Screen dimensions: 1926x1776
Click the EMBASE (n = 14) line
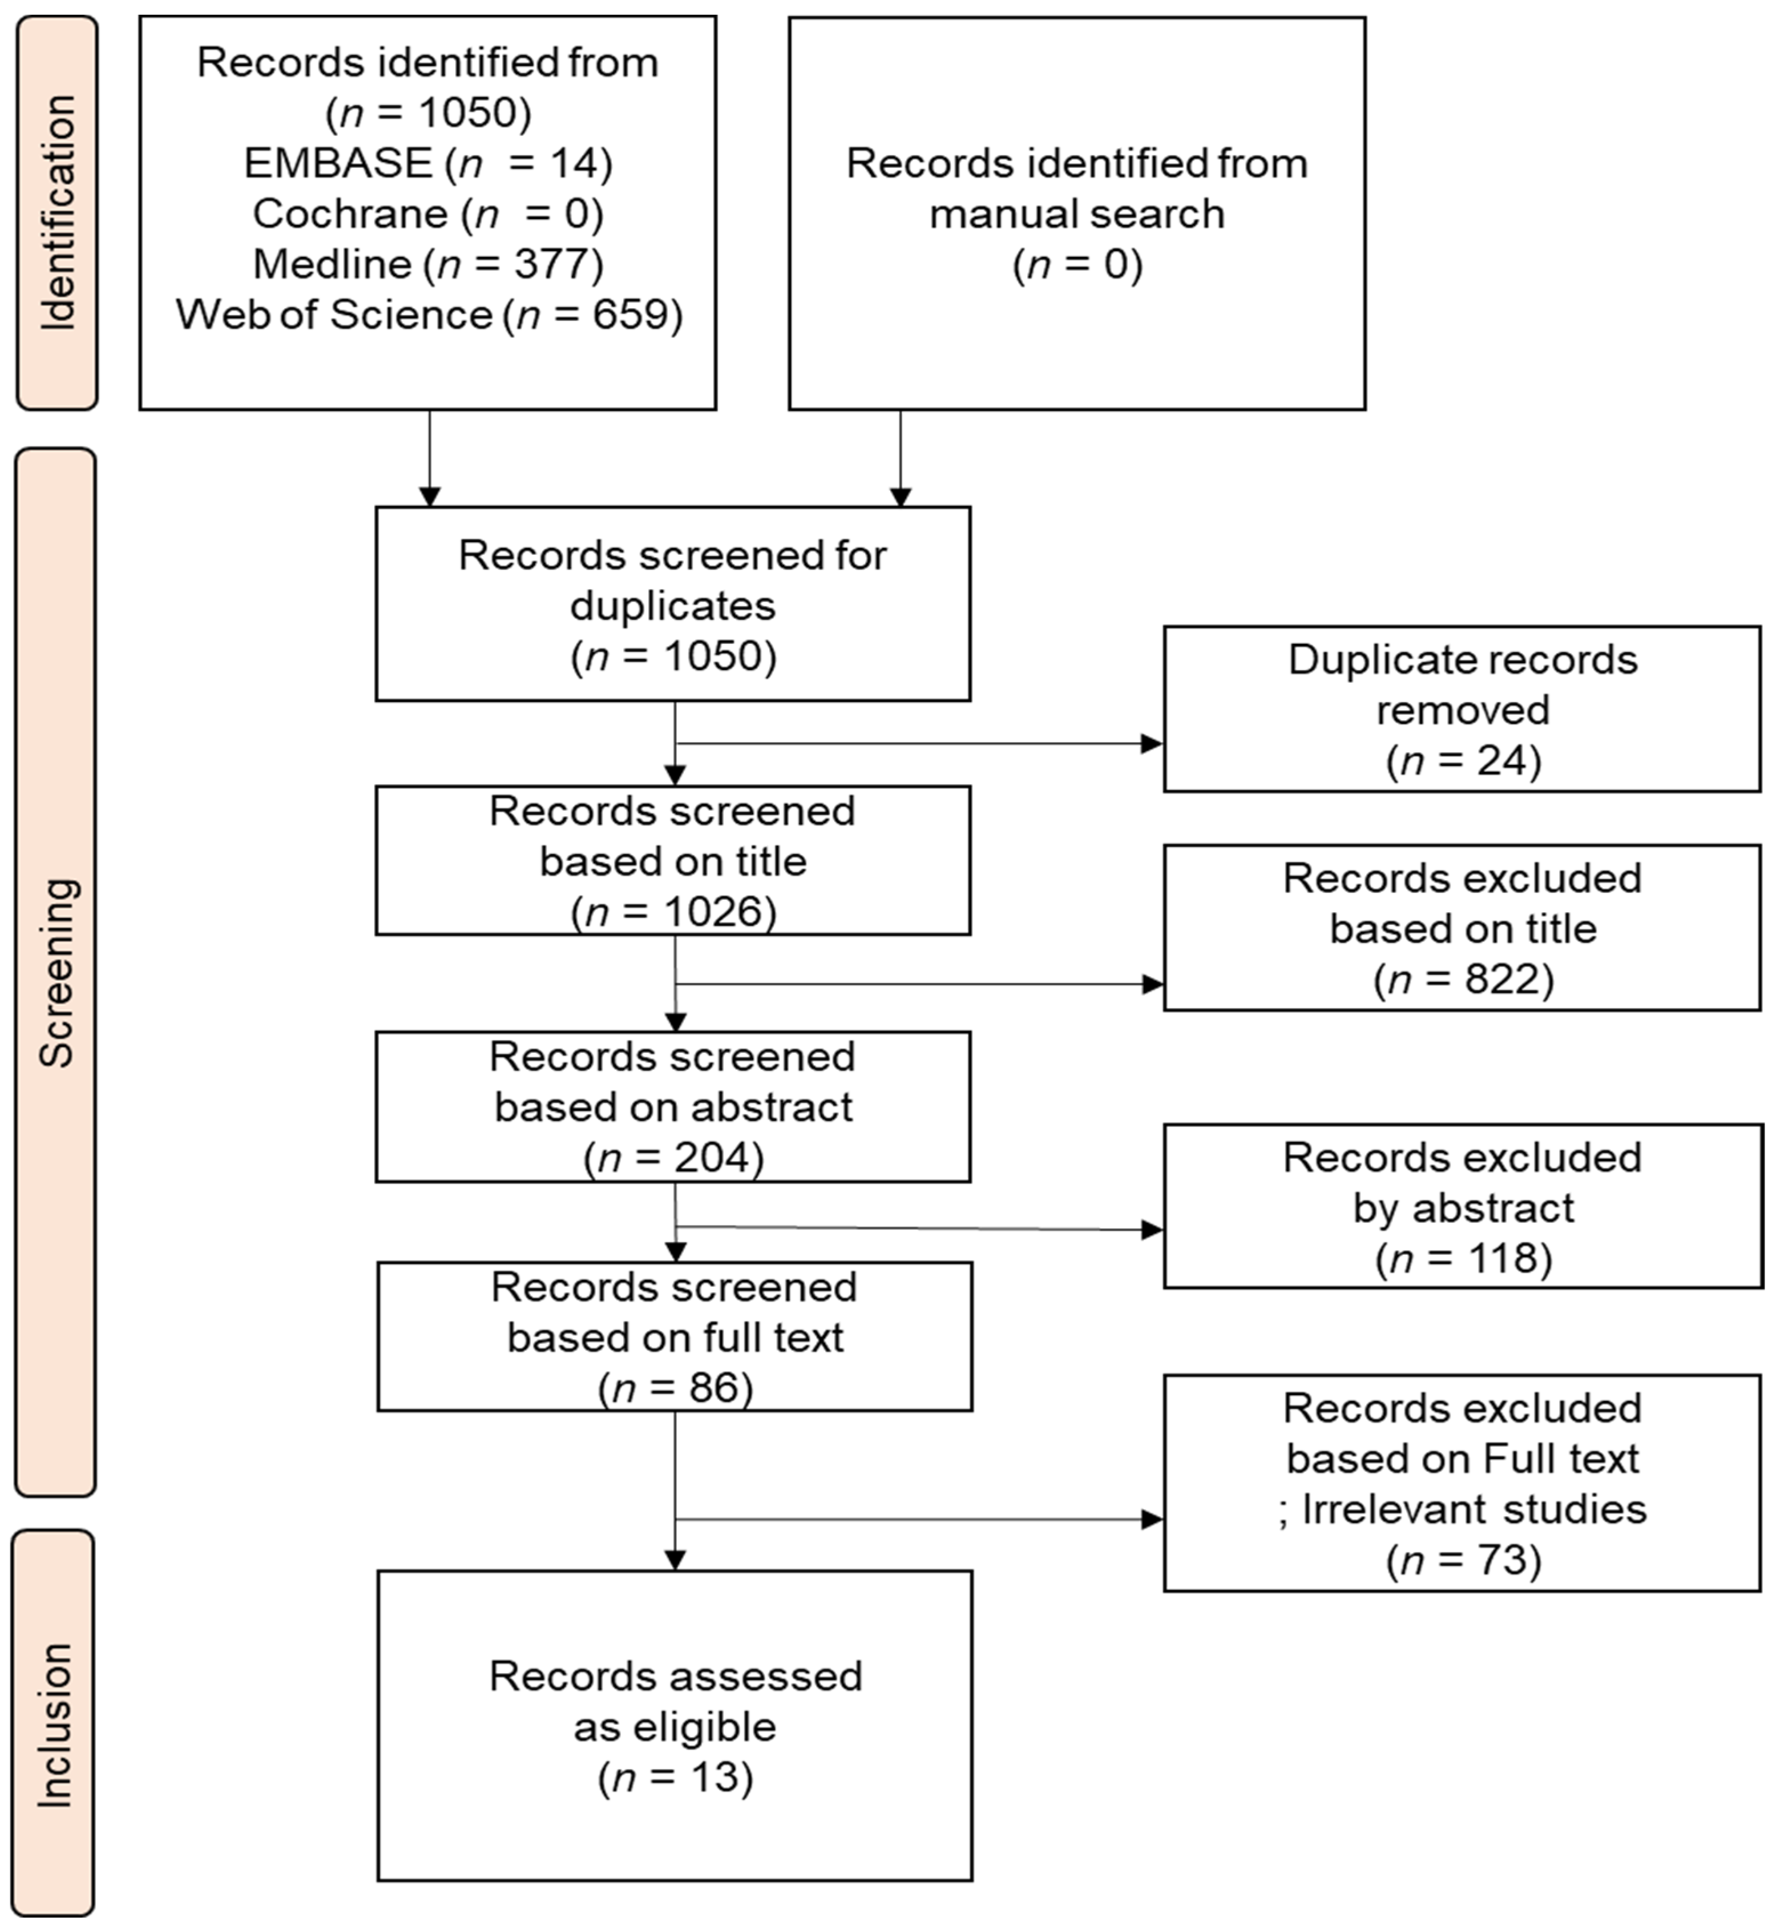tap(427, 163)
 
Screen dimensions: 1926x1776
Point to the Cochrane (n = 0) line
tap(427, 213)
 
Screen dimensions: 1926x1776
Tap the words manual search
tap(1076, 213)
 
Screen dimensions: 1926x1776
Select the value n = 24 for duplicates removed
tap(1463, 761)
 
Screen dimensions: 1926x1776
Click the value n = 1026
tap(673, 911)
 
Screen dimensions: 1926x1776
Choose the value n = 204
tap(673, 1157)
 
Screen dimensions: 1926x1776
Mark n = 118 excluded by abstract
tap(1463, 1258)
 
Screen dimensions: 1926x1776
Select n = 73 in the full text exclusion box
tap(1463, 1559)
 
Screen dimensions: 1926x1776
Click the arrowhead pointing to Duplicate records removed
tap(1151, 743)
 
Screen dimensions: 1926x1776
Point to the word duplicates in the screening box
tap(673, 606)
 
